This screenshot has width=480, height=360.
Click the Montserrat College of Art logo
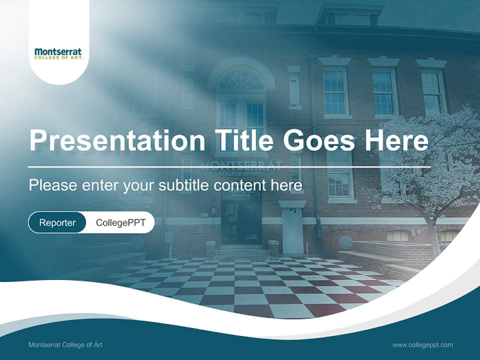(x=58, y=53)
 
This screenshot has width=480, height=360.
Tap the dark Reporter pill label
(x=57, y=222)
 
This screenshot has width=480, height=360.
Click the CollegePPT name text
(x=120, y=222)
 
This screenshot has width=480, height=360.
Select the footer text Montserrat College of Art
(x=65, y=344)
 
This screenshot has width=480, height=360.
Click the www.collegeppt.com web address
(x=422, y=344)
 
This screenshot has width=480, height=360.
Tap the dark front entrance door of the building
(x=241, y=222)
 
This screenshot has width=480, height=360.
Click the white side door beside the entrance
(x=292, y=227)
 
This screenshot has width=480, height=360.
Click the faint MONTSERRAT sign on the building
(x=241, y=165)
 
